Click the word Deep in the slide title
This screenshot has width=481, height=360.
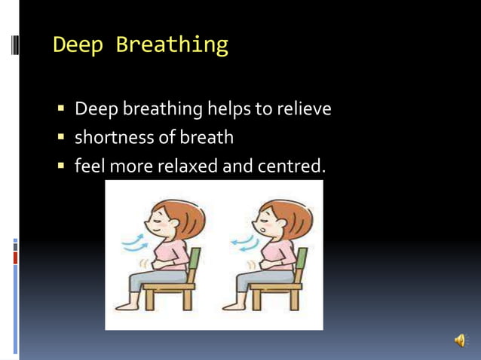(x=78, y=44)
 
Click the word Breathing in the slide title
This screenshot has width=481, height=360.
(x=171, y=45)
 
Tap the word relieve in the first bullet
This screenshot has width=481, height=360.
(x=303, y=109)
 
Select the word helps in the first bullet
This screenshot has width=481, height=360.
(x=228, y=109)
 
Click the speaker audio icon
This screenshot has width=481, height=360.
(x=460, y=341)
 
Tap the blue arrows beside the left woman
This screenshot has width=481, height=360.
(x=135, y=241)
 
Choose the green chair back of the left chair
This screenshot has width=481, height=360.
(x=195, y=264)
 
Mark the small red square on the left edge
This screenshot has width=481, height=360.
(x=15, y=258)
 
